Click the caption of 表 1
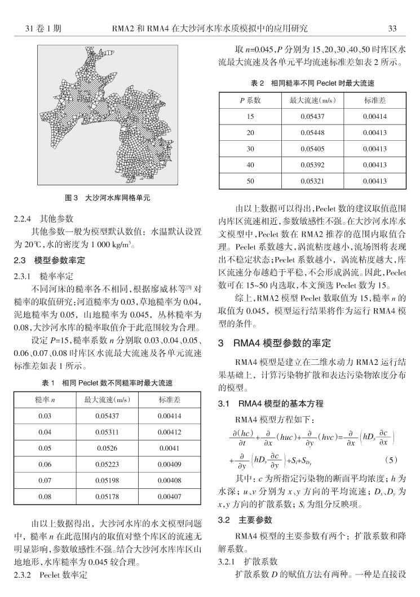(108, 383)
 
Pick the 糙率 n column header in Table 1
(45, 400)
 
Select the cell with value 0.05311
(107, 433)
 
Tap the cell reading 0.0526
(107, 449)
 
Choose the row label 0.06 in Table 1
(45, 465)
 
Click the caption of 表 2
(312, 83)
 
